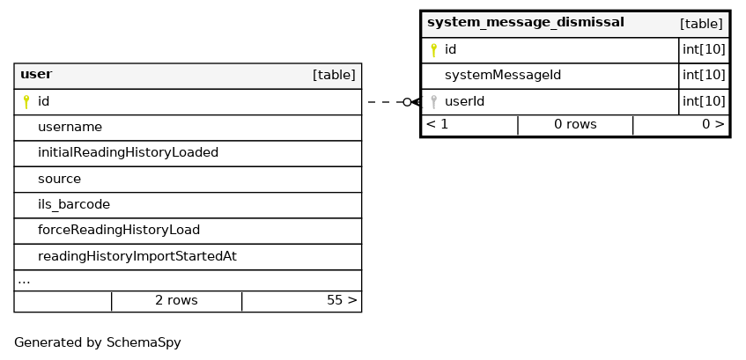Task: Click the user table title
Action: (x=36, y=75)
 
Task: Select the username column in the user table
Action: (x=70, y=127)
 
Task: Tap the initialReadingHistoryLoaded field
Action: (x=128, y=152)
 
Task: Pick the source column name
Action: (x=60, y=179)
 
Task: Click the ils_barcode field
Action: (x=74, y=204)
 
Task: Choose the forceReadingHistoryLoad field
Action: (x=119, y=231)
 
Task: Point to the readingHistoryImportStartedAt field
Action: (x=137, y=256)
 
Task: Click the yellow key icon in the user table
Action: (x=26, y=102)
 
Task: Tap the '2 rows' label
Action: (x=176, y=300)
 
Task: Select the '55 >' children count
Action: (x=342, y=300)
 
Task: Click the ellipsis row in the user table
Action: (x=24, y=282)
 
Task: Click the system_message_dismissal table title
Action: (x=525, y=23)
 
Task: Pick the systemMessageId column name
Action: (x=503, y=75)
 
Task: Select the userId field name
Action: (x=464, y=101)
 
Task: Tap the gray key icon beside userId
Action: (x=433, y=101)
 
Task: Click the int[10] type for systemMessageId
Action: (x=704, y=75)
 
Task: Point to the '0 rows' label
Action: (x=575, y=125)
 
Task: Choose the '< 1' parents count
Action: (x=437, y=125)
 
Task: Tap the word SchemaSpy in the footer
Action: (x=144, y=343)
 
